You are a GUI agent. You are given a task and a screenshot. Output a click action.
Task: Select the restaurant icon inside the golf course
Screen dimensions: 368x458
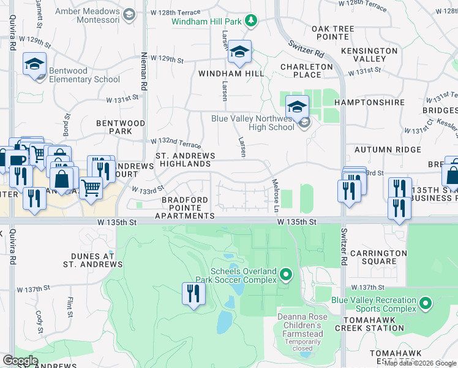point(192,294)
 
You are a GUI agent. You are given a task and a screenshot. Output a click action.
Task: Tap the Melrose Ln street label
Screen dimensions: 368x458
point(275,195)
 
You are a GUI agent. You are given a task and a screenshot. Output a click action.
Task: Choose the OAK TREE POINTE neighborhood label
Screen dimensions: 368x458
point(332,33)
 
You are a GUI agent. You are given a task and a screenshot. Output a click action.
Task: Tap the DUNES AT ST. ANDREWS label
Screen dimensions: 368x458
point(92,260)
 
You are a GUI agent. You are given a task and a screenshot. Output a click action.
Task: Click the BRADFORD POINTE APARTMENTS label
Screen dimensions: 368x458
point(184,208)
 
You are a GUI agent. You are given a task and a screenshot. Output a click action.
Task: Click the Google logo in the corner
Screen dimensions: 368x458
point(21,361)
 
